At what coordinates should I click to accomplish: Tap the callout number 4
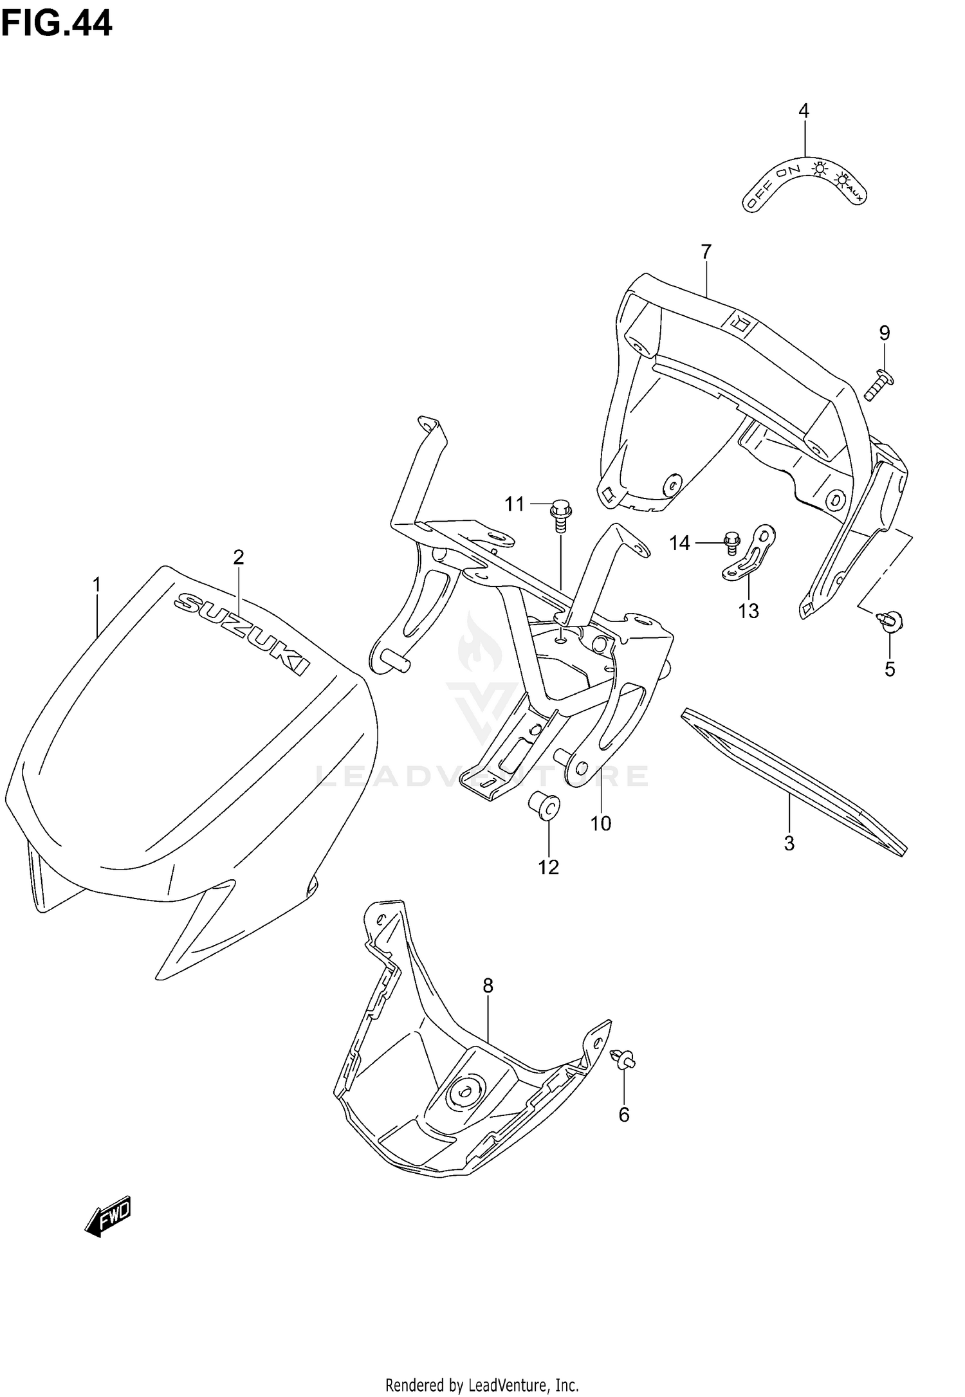click(804, 111)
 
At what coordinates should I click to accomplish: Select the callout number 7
click(706, 252)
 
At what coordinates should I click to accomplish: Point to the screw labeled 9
click(878, 384)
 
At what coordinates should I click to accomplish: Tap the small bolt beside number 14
click(731, 542)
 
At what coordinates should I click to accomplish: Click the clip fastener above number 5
click(890, 621)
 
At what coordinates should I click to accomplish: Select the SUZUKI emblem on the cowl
click(242, 633)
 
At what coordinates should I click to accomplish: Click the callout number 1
click(96, 585)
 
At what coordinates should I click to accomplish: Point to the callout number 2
click(238, 557)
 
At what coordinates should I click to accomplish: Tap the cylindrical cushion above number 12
click(544, 807)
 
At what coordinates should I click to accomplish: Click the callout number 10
click(600, 823)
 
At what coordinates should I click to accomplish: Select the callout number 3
click(789, 843)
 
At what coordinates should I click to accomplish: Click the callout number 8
click(488, 985)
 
